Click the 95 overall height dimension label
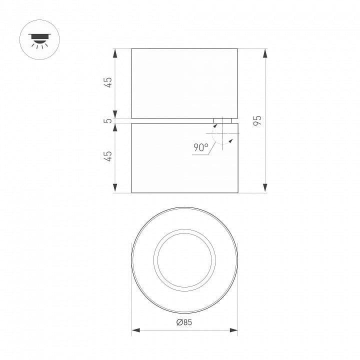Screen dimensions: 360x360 pos(257,120)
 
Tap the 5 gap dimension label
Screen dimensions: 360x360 pos(107,120)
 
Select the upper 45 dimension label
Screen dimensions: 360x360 pos(108,82)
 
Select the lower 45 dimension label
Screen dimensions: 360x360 pos(108,156)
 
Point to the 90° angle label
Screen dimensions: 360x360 pos(201,147)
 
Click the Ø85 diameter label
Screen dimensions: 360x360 pos(184,322)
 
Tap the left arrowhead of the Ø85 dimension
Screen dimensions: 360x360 pos(135,330)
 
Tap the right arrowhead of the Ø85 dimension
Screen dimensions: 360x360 pos(233,330)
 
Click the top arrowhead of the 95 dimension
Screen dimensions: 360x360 pos(265,53)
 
